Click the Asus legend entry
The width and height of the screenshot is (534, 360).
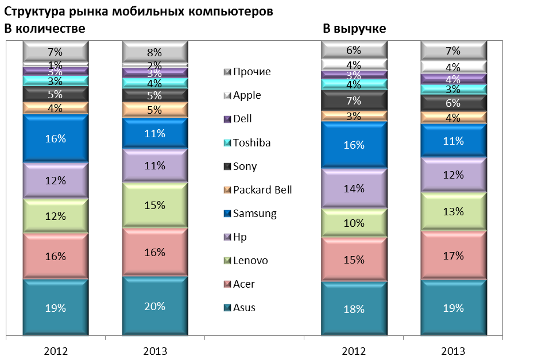[244, 308]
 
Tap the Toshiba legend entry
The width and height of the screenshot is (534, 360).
[251, 143]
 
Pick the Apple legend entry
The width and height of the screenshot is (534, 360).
[247, 95]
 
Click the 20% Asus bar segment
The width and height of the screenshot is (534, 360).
[155, 306]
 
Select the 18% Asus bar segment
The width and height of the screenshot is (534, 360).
[354, 309]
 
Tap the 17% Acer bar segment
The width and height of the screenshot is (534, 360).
[454, 256]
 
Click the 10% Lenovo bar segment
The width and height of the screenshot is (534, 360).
[354, 223]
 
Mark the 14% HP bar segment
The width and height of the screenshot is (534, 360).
[354, 188]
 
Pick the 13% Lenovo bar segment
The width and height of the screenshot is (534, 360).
[454, 212]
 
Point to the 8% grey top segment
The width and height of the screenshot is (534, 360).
[155, 52]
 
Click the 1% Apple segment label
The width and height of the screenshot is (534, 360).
[56, 64]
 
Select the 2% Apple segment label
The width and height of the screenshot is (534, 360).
[155, 65]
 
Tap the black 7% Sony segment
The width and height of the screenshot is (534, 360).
[354, 100]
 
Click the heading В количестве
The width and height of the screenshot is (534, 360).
[45, 29]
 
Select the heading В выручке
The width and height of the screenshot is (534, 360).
[354, 29]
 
